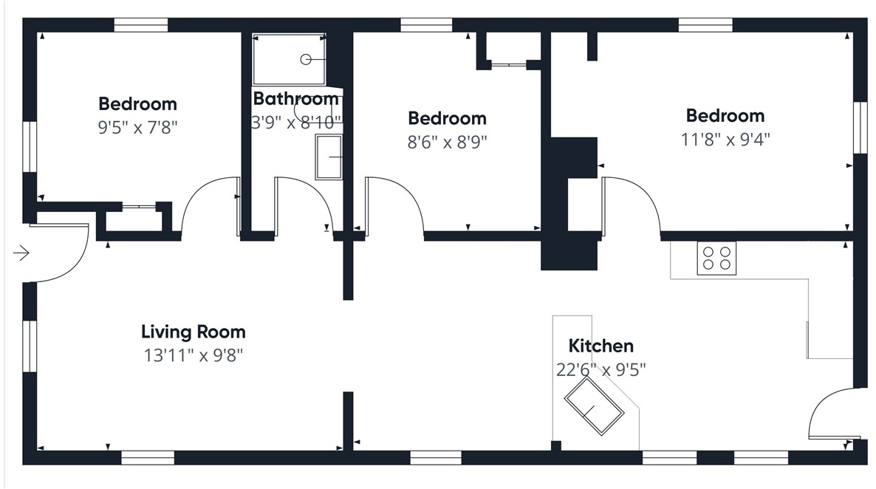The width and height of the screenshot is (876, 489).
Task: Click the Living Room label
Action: [x=194, y=332]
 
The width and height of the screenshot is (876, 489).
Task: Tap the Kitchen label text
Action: [x=601, y=346]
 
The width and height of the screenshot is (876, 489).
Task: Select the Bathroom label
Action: [x=296, y=99]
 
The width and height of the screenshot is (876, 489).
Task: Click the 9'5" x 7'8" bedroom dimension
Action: [x=137, y=128]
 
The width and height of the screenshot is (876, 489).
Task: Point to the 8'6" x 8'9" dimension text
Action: [x=447, y=143]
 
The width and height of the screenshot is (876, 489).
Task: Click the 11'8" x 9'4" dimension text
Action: [x=725, y=139]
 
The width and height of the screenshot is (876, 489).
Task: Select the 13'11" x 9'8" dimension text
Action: [x=194, y=355]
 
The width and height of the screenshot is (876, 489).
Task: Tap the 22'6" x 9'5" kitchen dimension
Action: [x=601, y=370]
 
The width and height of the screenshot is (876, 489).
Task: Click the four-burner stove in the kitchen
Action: [x=716, y=259]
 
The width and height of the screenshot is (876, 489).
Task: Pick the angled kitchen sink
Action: [x=594, y=406]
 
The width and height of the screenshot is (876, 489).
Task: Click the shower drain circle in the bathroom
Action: [x=306, y=59]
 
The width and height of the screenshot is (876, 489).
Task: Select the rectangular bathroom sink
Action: [x=329, y=157]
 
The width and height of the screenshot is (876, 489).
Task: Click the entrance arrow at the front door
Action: [x=21, y=253]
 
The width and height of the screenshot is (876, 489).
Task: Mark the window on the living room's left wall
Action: [x=29, y=346]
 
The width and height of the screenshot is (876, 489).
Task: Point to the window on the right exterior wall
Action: [x=860, y=127]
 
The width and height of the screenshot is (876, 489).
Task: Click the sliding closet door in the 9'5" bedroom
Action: [x=139, y=208]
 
